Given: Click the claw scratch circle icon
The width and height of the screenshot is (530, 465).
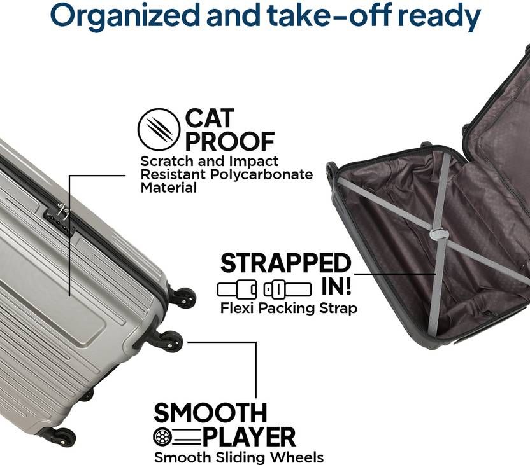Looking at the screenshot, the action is click(x=159, y=129).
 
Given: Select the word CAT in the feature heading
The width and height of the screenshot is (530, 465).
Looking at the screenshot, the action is click(x=210, y=118).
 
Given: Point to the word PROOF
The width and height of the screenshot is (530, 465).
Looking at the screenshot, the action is click(x=230, y=141).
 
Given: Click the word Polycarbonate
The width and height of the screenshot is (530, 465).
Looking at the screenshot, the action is click(x=261, y=175).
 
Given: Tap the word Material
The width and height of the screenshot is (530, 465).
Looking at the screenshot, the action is click(x=168, y=188).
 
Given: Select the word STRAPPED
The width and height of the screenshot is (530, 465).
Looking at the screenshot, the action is click(x=286, y=263).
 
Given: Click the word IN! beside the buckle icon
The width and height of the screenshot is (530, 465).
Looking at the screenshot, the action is click(x=336, y=287).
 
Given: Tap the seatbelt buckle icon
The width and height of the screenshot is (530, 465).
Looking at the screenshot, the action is click(x=264, y=289).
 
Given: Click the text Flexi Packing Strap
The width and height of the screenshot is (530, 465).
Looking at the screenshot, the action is click(x=289, y=308).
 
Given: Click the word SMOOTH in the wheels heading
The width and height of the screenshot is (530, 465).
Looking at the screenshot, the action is click(x=210, y=413).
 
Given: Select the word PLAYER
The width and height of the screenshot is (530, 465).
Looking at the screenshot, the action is click(x=249, y=437).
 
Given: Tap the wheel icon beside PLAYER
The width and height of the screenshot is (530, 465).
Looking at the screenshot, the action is click(x=161, y=438).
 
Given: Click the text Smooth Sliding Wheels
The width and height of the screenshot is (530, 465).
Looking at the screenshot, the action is click(x=239, y=457).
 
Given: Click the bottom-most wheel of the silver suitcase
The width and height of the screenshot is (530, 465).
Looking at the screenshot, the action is click(x=64, y=437).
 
